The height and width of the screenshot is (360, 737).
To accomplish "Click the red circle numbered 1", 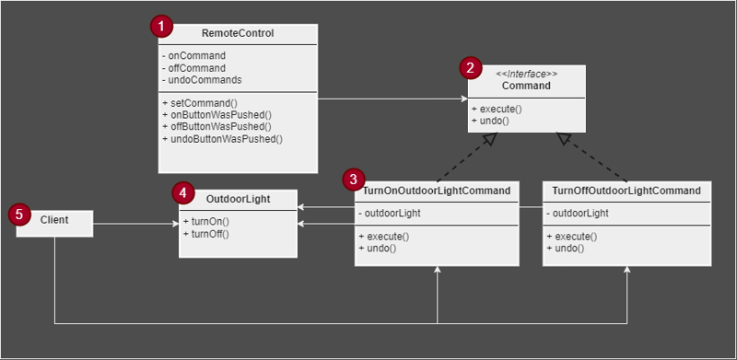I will click(162, 27).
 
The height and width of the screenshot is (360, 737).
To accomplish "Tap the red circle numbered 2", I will click(471, 67).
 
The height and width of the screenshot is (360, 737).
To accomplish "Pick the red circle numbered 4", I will click(183, 193).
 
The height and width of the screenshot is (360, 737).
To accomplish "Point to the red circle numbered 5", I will click(18, 215).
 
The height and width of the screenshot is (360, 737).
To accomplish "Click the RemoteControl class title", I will click(239, 34).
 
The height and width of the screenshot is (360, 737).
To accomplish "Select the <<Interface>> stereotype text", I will click(526, 73).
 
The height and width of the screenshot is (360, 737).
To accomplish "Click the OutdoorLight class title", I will click(238, 198).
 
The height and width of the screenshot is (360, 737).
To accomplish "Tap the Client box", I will click(55, 222).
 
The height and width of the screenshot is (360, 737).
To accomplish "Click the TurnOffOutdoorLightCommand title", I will click(626, 191).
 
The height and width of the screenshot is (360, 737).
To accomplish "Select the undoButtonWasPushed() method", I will click(222, 139).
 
